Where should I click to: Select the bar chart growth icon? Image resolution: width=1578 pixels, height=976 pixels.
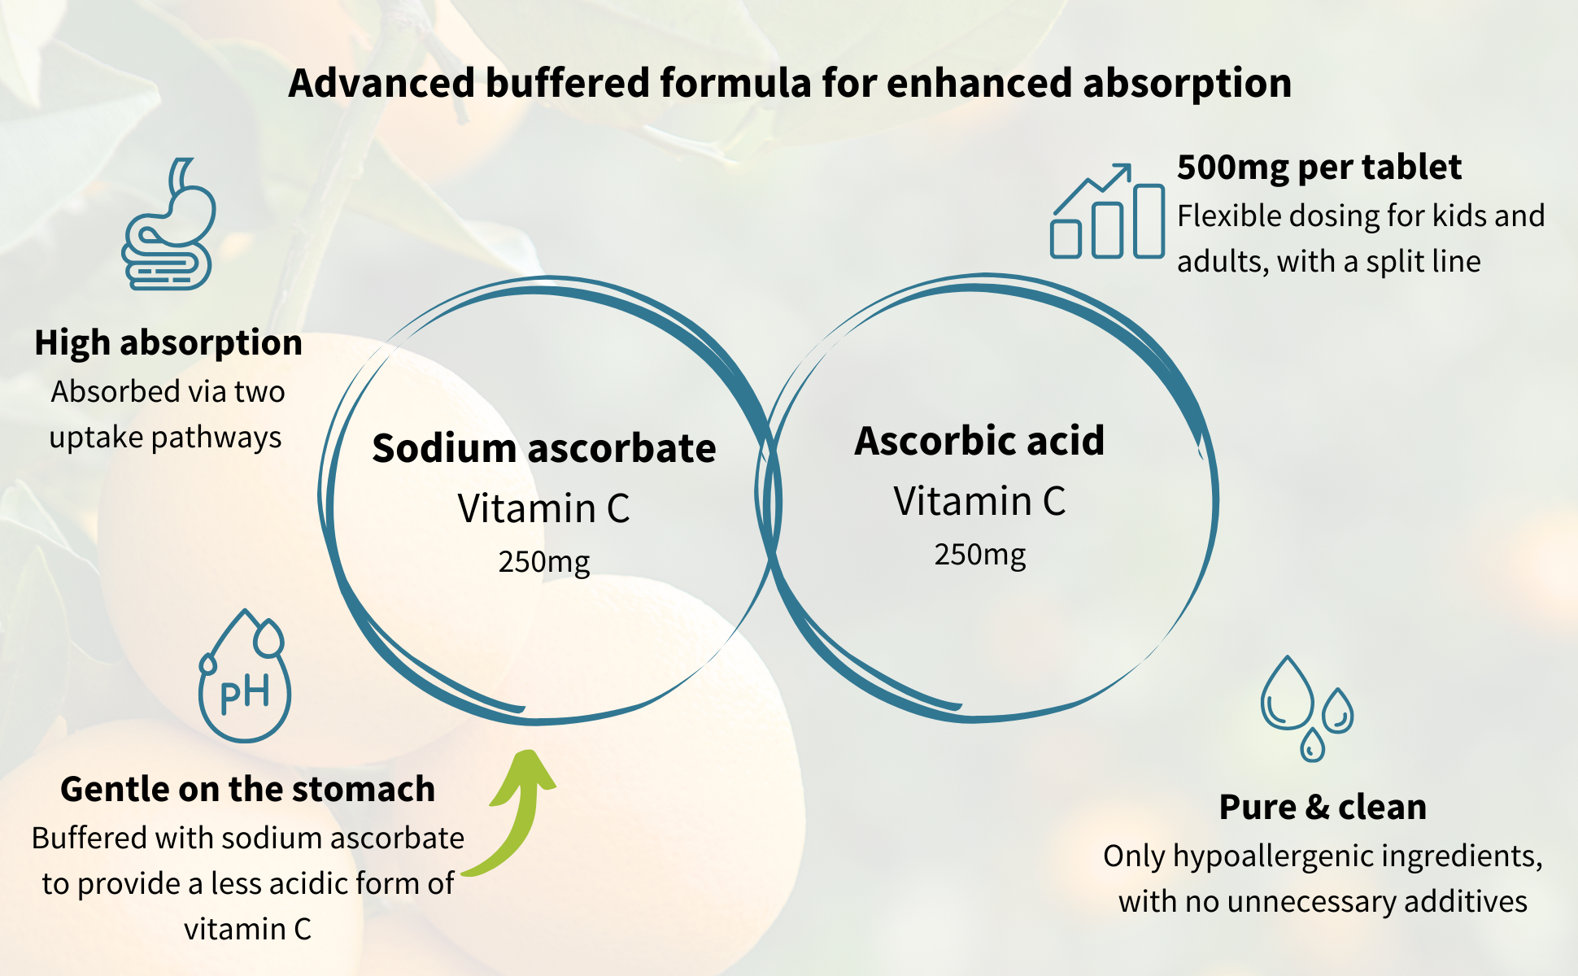tap(1107, 211)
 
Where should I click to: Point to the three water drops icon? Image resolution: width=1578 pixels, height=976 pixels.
tap(1307, 708)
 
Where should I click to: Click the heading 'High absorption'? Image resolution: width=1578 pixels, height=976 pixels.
tap(168, 342)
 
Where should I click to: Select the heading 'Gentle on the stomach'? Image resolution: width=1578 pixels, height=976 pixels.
tap(248, 789)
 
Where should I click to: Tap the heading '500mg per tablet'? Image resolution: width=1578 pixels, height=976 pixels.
tap(1319, 168)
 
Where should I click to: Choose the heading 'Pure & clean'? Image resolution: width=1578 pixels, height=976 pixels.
tap(1323, 807)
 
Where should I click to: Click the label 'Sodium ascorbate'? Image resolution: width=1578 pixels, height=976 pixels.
tap(544, 448)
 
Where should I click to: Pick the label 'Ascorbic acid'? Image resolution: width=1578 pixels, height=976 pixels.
tap(979, 441)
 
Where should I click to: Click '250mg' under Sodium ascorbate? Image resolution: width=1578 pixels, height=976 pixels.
tap(544, 562)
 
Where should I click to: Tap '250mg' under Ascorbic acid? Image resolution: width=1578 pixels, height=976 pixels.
tap(980, 555)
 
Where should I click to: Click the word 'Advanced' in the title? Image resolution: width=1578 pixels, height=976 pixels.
tap(381, 83)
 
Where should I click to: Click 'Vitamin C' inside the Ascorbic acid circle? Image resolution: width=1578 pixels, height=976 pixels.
tap(979, 501)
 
